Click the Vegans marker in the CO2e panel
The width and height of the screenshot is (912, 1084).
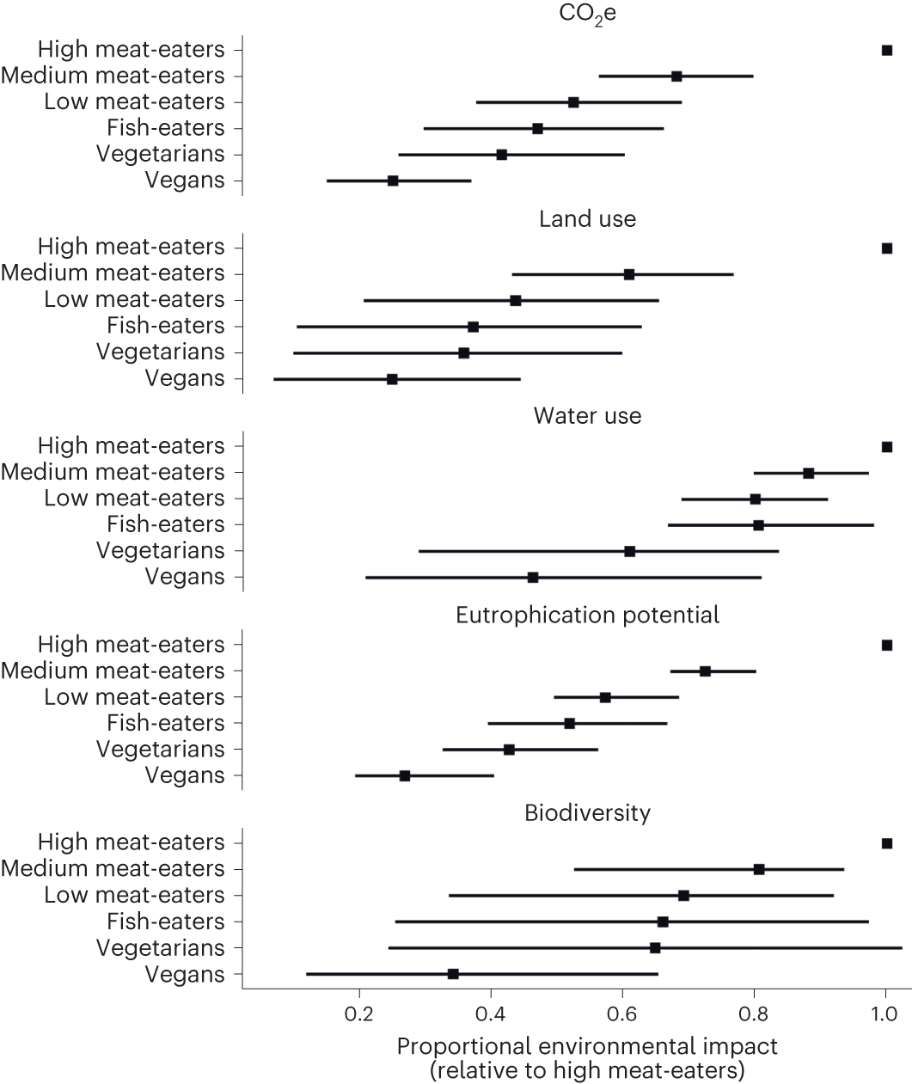tap(393, 181)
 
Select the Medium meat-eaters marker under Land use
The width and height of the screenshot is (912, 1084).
tap(629, 274)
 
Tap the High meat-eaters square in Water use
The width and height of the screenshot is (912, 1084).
tap(887, 447)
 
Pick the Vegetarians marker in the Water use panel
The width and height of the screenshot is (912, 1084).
tap(629, 551)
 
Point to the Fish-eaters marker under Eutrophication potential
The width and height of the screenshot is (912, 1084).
tap(569, 724)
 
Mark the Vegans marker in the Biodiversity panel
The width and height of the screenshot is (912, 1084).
tap(453, 974)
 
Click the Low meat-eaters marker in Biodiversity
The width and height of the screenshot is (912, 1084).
tap(683, 896)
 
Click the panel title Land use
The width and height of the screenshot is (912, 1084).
tap(587, 219)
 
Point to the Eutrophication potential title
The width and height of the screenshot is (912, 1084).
tap(587, 615)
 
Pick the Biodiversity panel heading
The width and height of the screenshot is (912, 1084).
tap(587, 813)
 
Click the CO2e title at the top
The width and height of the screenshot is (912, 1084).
tap(587, 16)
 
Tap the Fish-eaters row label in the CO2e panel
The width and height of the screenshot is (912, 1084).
tap(165, 128)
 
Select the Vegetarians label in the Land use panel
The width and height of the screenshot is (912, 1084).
tap(160, 352)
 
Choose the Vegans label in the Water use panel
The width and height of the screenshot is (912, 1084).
tap(185, 577)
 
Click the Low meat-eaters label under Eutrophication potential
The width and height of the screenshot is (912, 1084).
tap(134, 697)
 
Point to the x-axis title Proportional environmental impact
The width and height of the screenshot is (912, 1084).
tap(587, 1047)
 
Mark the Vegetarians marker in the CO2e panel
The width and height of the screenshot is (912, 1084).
tap(501, 155)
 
